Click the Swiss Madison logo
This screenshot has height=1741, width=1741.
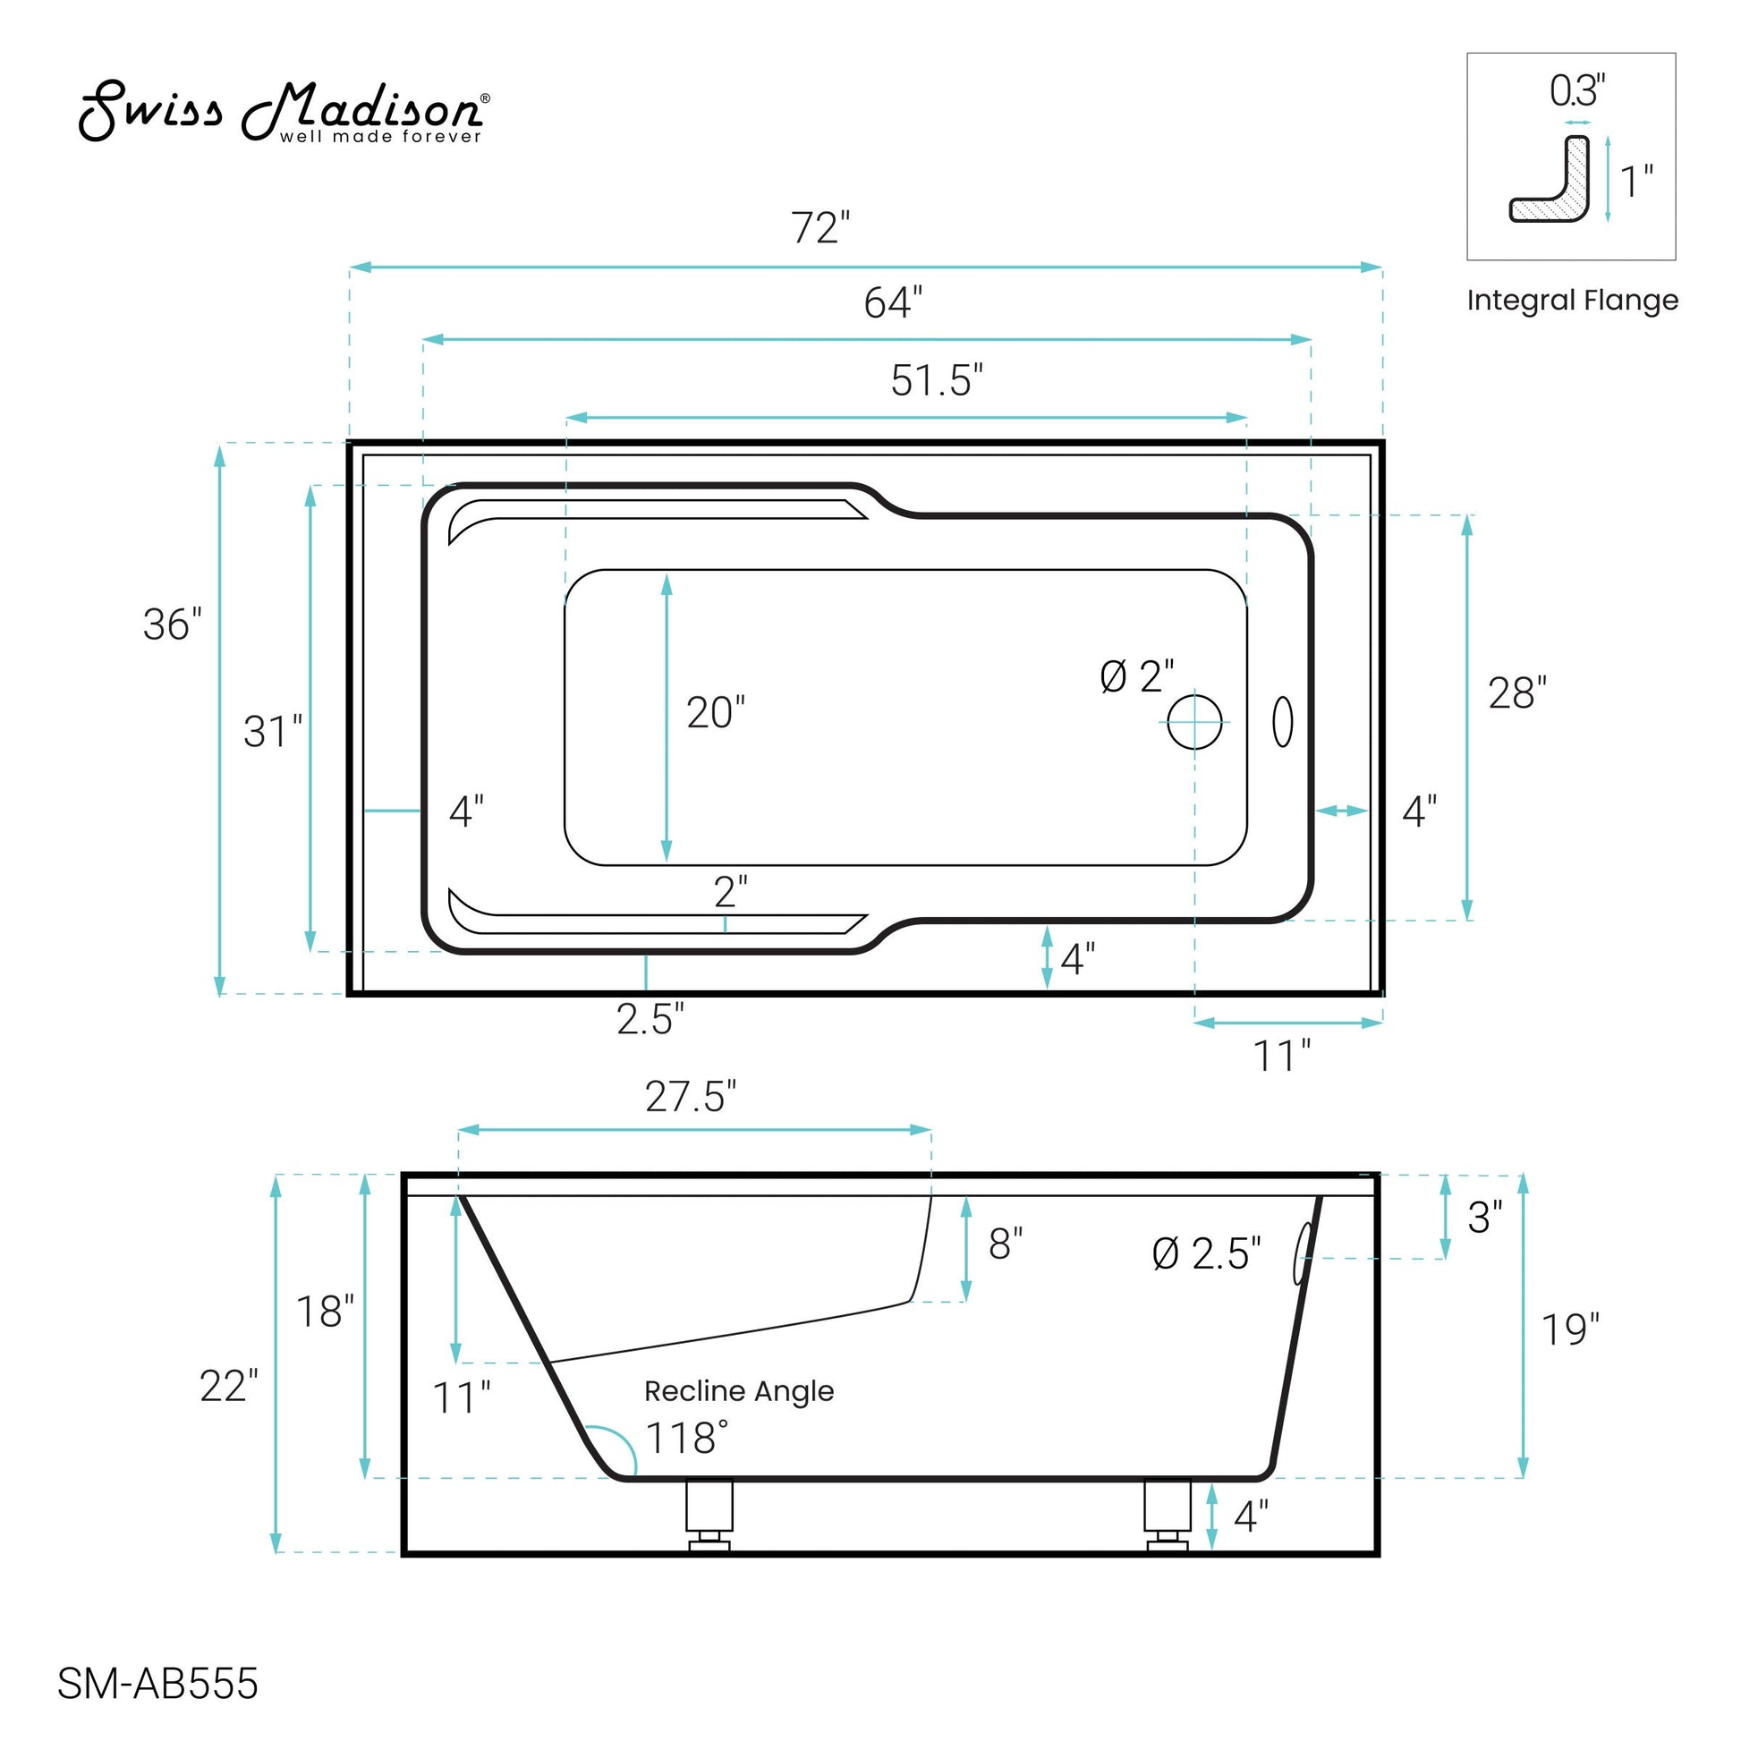point(285,112)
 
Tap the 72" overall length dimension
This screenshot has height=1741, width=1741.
point(821,228)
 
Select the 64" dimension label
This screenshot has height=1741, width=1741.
point(893,302)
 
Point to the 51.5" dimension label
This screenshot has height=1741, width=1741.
point(938,380)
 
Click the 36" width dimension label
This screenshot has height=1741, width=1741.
point(172,624)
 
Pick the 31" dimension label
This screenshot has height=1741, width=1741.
point(273,732)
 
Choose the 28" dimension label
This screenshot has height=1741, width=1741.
point(1517,693)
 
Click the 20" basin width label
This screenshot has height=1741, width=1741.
point(717,713)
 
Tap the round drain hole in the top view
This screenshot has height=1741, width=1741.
point(1195,722)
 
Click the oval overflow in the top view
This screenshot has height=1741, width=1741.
point(1282,722)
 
